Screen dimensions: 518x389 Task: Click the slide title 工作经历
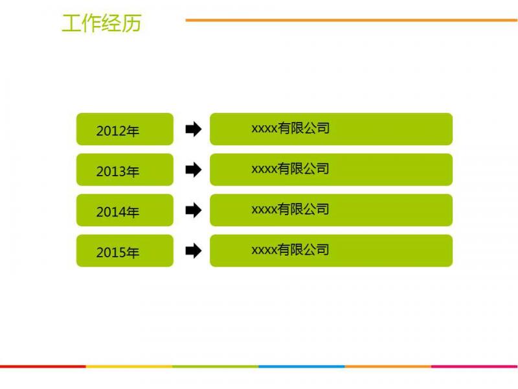coord(102,23)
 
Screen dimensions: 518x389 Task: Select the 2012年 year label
coord(118,131)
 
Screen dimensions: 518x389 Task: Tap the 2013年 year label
coord(118,171)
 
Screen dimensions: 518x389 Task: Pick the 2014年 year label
coord(118,212)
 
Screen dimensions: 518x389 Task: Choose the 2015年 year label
coord(118,252)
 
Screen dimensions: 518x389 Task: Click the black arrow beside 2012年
coord(193,129)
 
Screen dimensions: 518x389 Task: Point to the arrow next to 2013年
coord(193,170)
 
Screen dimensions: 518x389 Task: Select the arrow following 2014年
coord(193,210)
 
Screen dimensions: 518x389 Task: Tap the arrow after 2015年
coord(193,251)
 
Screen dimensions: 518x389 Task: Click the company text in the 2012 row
coord(290,128)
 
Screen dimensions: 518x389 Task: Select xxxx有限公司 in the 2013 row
coord(290,169)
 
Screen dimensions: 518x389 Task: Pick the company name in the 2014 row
coord(290,209)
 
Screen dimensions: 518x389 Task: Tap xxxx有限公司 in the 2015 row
coord(290,250)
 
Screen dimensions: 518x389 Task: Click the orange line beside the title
coord(352,20)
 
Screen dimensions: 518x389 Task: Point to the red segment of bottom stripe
coord(43,366)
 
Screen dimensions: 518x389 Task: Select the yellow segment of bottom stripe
coord(129,366)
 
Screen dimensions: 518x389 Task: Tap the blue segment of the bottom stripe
coord(302,366)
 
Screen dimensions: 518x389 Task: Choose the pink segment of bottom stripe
coord(475,366)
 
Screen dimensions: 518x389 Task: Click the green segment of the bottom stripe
coord(216,366)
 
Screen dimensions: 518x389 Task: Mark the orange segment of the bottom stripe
coord(388,366)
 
